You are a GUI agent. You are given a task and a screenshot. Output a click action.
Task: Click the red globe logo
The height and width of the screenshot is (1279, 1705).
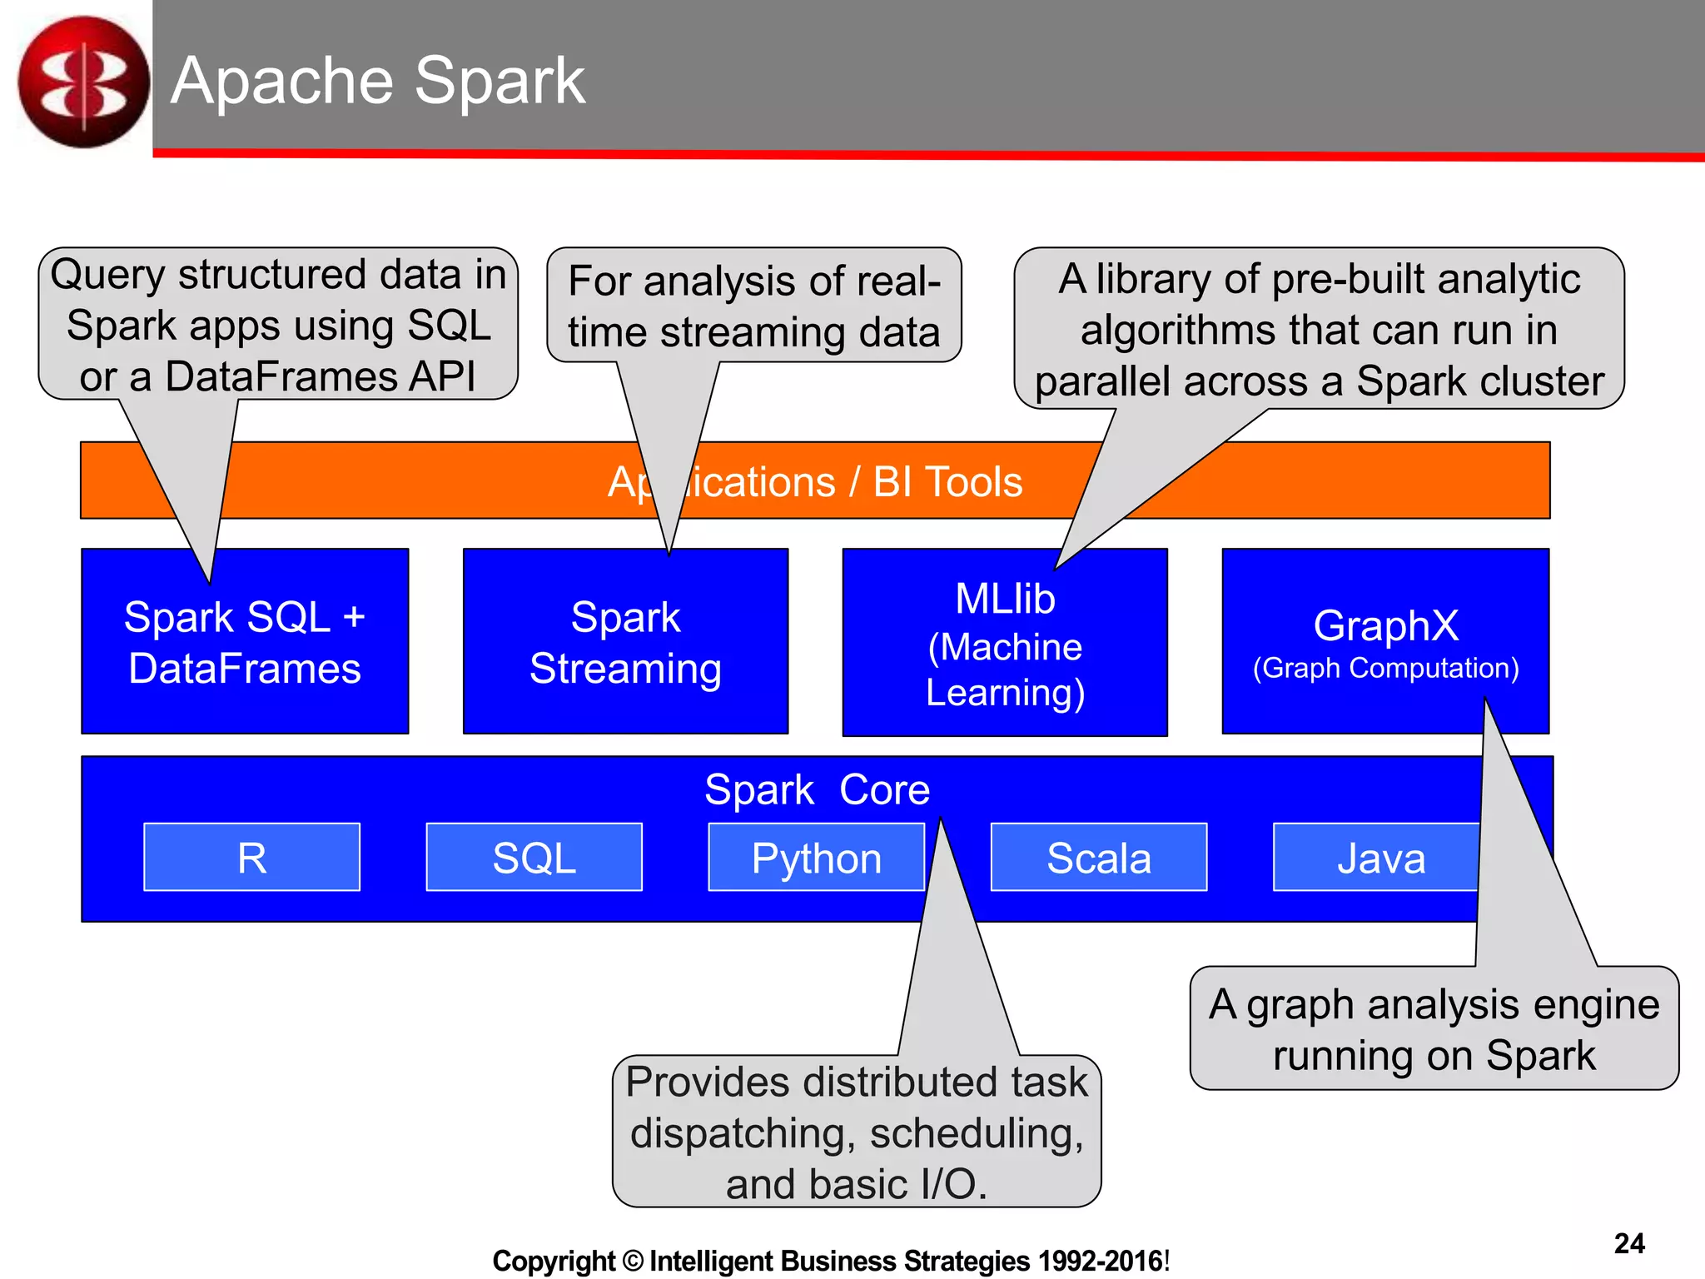tap(83, 82)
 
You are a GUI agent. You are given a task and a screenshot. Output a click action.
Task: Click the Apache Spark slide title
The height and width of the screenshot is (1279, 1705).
tap(378, 81)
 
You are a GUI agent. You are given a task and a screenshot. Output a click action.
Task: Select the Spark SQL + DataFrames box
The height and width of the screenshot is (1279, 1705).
tap(245, 643)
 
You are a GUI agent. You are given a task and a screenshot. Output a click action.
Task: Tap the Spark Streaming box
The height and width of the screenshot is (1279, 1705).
tap(625, 643)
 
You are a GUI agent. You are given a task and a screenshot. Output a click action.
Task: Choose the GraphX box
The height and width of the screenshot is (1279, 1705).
tap(1385, 641)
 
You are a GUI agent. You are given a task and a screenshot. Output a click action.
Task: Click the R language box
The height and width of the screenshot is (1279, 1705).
tap(251, 858)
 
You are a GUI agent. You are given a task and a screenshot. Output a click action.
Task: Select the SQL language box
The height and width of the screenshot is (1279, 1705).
tap(534, 858)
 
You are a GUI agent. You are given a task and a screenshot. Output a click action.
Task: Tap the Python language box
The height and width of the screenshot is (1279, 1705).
tap(816, 858)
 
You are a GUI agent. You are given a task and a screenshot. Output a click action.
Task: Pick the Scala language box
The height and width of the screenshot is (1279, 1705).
tap(1098, 858)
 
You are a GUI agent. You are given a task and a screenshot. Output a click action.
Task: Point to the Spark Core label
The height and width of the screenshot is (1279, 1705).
tap(817, 789)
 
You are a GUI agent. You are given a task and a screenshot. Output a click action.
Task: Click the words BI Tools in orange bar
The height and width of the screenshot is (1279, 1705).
tap(947, 482)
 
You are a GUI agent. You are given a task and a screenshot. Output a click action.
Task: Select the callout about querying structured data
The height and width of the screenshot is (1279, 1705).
tap(278, 325)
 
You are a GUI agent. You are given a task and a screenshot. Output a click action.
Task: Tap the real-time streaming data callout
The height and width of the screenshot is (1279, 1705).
tap(753, 306)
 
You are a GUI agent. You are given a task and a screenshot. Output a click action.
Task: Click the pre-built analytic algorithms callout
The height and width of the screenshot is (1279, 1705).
tap(1319, 330)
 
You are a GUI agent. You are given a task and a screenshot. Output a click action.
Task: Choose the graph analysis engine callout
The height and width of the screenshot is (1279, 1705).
tap(1434, 1029)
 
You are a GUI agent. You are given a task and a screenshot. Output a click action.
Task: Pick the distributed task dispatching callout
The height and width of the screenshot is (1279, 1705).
tap(857, 1132)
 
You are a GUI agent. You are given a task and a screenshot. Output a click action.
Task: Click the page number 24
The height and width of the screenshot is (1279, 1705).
tap(1628, 1243)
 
